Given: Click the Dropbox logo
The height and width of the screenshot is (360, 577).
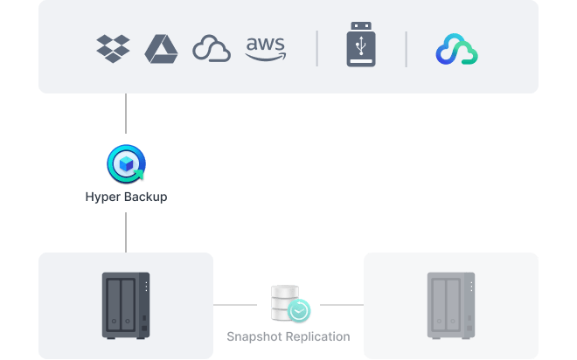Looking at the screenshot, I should (x=113, y=49).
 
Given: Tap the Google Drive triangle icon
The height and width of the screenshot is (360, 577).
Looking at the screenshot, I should (x=162, y=49).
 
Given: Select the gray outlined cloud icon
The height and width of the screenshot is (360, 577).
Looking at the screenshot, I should (x=211, y=49).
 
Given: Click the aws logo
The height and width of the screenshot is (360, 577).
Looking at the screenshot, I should (x=265, y=48).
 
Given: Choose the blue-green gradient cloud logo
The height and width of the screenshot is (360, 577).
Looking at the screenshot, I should (x=456, y=50).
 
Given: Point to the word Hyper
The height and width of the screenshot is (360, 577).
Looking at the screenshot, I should (x=102, y=197).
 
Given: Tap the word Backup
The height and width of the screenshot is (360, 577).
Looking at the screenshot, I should (x=144, y=197).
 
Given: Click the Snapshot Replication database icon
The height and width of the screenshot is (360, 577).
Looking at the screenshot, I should (x=286, y=302).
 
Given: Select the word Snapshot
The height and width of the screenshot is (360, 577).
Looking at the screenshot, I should (x=255, y=336).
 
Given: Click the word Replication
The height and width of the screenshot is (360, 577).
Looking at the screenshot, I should (x=318, y=336).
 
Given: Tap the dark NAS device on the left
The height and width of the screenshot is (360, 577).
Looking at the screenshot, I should (x=126, y=305).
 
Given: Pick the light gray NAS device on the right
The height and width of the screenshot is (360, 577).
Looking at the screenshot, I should (x=450, y=305).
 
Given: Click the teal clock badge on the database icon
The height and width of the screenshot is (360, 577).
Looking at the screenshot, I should (x=300, y=310).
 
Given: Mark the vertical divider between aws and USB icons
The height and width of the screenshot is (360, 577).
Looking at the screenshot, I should (x=316, y=49).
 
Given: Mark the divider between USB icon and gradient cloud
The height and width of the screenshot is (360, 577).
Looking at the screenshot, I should (x=406, y=49).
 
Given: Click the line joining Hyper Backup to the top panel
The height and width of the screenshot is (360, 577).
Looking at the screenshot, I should (x=126, y=119).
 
